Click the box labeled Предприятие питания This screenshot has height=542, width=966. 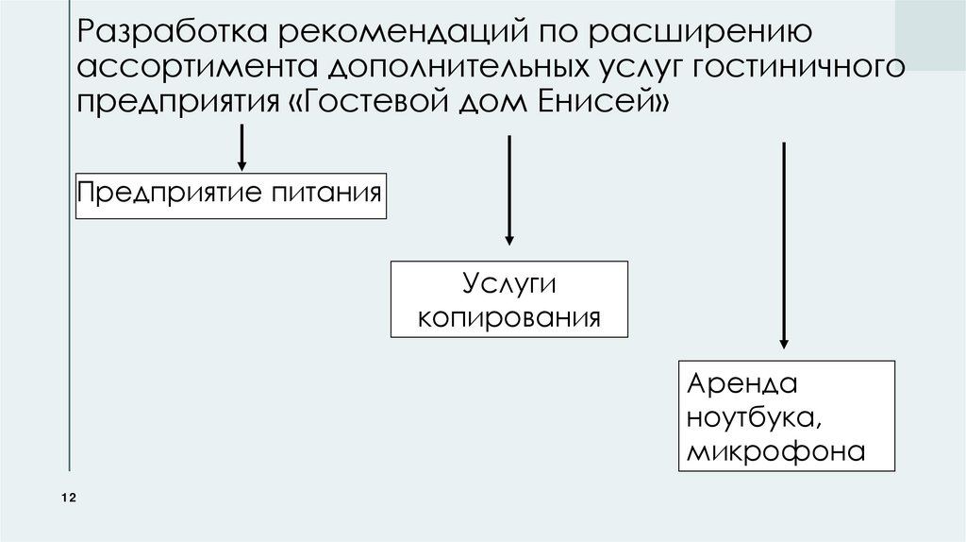(230, 195)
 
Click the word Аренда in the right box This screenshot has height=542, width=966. (741, 384)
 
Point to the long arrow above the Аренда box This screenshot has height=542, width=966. (783, 246)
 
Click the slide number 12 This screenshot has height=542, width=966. (68, 498)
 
